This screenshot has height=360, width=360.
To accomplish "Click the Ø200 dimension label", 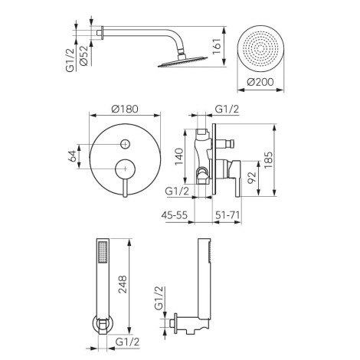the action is pyautogui.click(x=260, y=82).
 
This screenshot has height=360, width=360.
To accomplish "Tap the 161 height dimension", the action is pyautogui.click(x=217, y=46).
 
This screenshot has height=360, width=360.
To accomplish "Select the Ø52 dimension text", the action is pyautogui.click(x=84, y=55).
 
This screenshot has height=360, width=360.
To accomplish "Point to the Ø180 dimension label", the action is pyautogui.click(x=125, y=109).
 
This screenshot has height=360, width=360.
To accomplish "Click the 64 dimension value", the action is pyautogui.click(x=72, y=156).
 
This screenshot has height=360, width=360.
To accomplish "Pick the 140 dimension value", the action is pyautogui.click(x=178, y=156).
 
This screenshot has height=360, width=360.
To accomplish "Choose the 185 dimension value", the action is pyautogui.click(x=268, y=160).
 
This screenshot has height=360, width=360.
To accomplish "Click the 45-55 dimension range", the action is pyautogui.click(x=175, y=215).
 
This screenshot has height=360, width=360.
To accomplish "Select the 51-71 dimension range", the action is pyautogui.click(x=227, y=215).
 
